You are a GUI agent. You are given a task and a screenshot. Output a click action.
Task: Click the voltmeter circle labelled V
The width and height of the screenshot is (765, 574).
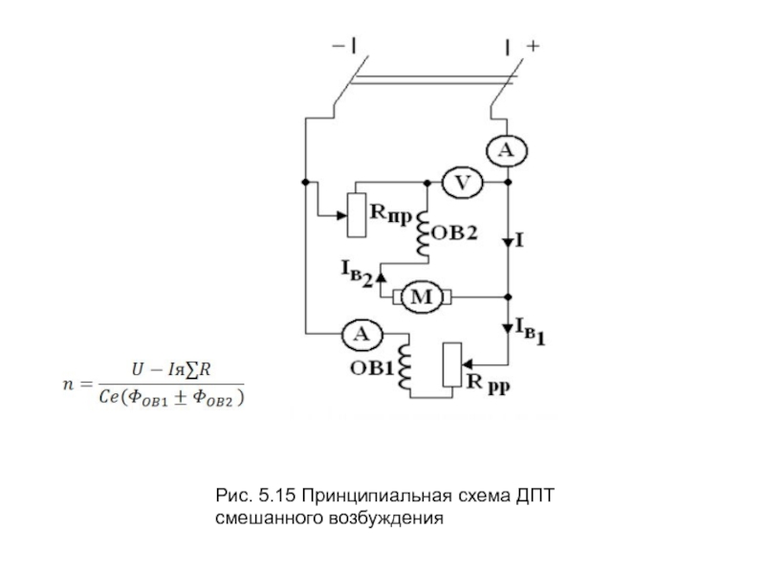461,182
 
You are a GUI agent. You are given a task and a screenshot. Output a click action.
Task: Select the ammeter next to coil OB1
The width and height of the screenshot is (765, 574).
361,333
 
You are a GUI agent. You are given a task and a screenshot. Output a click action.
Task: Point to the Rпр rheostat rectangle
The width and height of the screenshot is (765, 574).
356,214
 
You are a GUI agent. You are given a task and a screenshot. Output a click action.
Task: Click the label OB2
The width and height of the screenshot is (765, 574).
453,234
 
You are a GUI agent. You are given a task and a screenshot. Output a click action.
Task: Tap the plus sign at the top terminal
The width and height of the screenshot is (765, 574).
533,45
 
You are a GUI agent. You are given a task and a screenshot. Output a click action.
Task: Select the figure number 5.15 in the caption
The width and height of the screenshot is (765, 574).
275,497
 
